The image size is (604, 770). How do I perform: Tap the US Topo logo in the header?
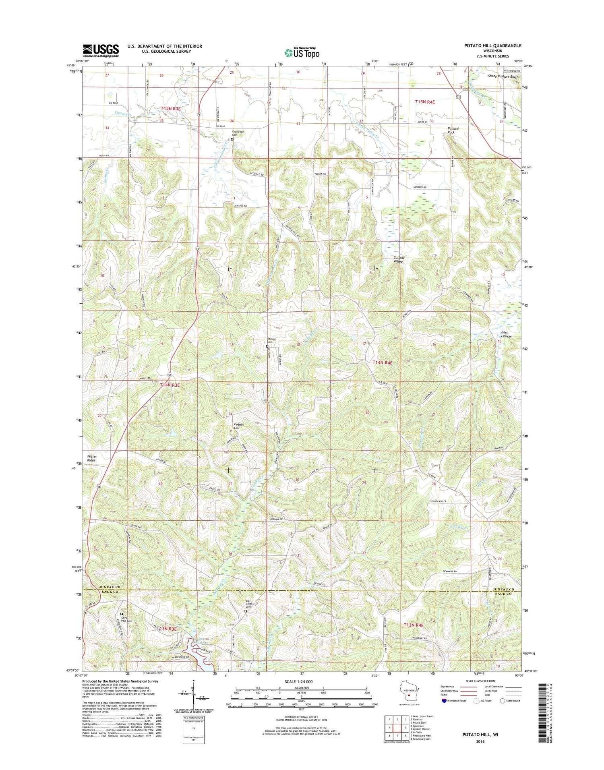point(302,52)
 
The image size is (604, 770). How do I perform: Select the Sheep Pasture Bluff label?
point(503,76)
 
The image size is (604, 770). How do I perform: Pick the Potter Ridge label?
point(92,458)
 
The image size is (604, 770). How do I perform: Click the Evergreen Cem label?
point(238,133)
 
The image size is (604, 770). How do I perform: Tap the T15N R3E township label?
point(171,108)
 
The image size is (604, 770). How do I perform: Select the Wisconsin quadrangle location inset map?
point(409,692)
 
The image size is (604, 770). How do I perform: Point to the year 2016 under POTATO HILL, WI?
point(480,741)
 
